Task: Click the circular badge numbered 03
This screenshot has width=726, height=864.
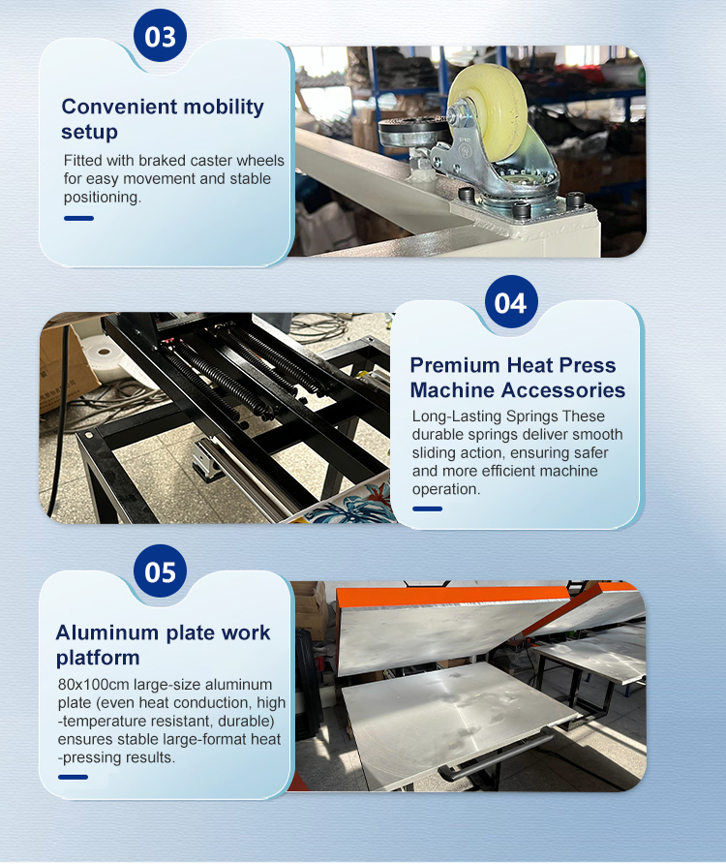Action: pyautogui.click(x=160, y=36)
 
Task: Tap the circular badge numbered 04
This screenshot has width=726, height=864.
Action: pyautogui.click(x=511, y=302)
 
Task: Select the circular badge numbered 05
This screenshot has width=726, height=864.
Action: pyautogui.click(x=160, y=571)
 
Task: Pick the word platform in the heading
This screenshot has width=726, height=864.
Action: pyautogui.click(x=98, y=658)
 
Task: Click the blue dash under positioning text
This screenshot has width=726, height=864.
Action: pyautogui.click(x=78, y=218)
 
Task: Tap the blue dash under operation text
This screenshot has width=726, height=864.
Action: pyautogui.click(x=427, y=509)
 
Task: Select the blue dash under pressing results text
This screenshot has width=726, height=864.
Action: pyautogui.click(x=73, y=777)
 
